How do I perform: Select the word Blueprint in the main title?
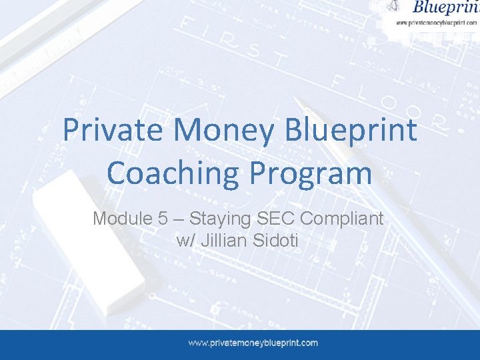pos(351,130)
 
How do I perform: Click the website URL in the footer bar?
pos(253,343)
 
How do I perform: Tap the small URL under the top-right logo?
pos(437,22)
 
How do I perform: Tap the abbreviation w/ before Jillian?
pos(185,240)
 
